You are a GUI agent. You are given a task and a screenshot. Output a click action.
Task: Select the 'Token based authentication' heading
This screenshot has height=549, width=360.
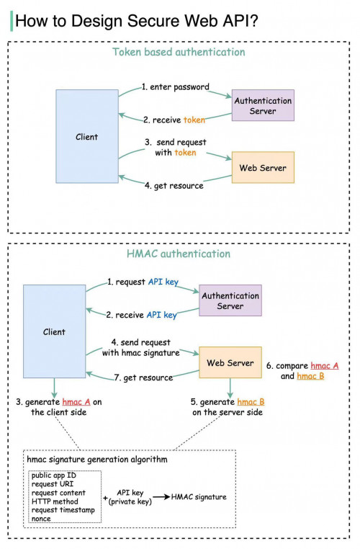coord(179,52)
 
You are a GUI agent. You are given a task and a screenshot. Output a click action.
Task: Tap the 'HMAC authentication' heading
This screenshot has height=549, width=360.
coord(179,254)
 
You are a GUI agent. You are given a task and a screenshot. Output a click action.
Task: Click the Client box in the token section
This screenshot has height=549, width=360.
coord(87,137)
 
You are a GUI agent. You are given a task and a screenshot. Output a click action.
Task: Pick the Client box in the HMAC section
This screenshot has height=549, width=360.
coord(54,332)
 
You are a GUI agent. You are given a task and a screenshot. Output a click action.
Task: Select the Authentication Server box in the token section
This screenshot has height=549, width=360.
coord(263,106)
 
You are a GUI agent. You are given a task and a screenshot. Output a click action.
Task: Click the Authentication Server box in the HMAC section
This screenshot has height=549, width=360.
coord(230,301)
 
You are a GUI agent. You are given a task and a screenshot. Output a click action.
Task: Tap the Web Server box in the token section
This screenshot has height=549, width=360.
coord(263,168)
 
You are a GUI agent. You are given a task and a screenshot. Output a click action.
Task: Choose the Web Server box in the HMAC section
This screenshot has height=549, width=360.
coord(230,363)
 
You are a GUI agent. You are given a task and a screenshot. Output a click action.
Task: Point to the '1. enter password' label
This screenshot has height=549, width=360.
coord(175,87)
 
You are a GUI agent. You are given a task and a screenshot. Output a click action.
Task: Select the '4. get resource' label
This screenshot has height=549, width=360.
coord(174,186)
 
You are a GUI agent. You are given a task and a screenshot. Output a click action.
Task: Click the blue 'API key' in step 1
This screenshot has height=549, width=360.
coord(162,282)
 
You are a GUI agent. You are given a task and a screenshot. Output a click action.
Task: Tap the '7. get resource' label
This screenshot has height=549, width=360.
coord(143,378)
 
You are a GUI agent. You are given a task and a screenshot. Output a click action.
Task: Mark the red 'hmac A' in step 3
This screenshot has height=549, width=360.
coord(76,401)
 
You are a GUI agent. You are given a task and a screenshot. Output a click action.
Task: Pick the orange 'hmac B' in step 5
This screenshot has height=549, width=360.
coord(251,401)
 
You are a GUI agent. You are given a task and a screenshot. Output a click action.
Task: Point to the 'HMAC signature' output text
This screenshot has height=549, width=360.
coord(199,497)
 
